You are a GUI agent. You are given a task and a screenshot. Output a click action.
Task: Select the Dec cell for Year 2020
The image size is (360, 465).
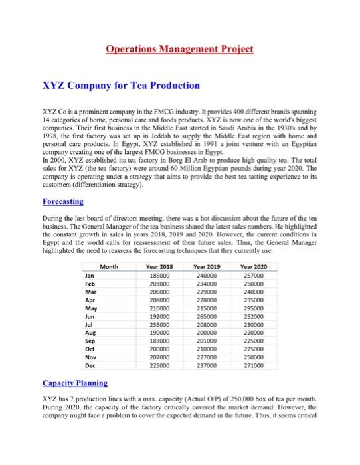[x=261, y=365]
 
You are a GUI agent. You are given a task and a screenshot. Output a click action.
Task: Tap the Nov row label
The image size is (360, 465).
[x=91, y=357]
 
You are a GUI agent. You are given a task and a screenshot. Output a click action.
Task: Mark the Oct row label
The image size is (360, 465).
[x=91, y=348]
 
